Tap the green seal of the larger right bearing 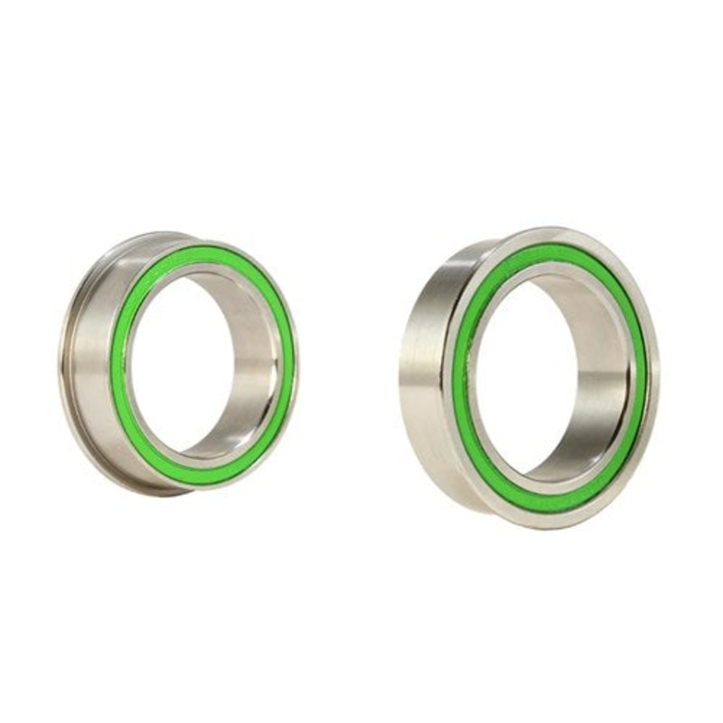464,380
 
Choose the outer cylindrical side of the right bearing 420,371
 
